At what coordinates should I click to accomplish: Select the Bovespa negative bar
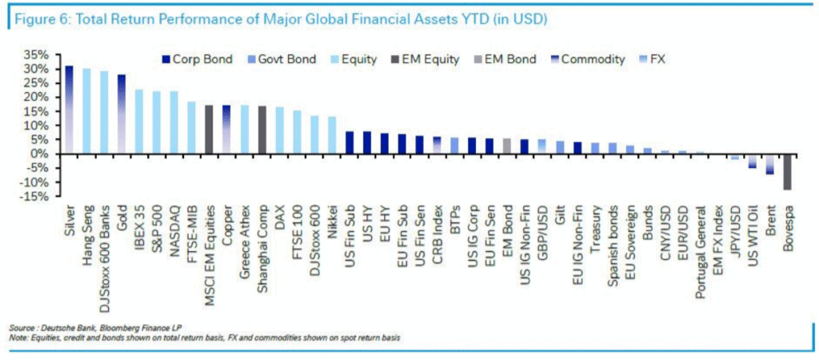pos(788,172)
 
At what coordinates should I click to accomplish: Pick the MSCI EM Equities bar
pos(209,129)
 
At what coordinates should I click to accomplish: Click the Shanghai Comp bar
pos(262,130)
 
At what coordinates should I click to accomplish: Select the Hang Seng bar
pos(86,111)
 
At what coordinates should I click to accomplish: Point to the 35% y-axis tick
pos(41,55)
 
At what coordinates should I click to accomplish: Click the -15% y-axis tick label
pos(38,196)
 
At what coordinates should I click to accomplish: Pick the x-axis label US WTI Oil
pos(753,240)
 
